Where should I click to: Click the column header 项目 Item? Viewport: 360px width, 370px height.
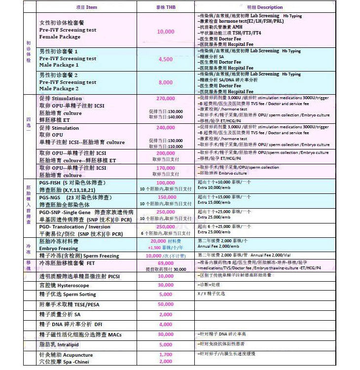click(x=87, y=7)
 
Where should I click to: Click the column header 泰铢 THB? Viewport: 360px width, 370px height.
click(x=165, y=7)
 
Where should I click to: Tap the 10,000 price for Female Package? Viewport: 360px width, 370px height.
click(x=165, y=31)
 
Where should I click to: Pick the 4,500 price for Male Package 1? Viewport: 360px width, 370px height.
click(x=165, y=59)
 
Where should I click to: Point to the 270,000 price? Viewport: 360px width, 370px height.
click(x=165, y=99)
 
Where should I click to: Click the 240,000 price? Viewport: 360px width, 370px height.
click(x=165, y=127)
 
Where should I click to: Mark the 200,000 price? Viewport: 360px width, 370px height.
click(x=165, y=153)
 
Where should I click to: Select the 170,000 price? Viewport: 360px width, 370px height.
click(x=165, y=168)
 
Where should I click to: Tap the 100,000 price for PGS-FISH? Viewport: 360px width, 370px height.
click(x=165, y=183)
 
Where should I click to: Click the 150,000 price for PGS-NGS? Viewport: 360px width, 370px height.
click(x=165, y=197)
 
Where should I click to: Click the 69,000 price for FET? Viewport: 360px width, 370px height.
click(x=165, y=263)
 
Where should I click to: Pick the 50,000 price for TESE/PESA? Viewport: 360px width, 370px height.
click(x=165, y=304)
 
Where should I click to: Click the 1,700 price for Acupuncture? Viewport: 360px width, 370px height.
click(x=165, y=355)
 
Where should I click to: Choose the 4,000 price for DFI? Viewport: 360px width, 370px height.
click(x=165, y=324)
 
